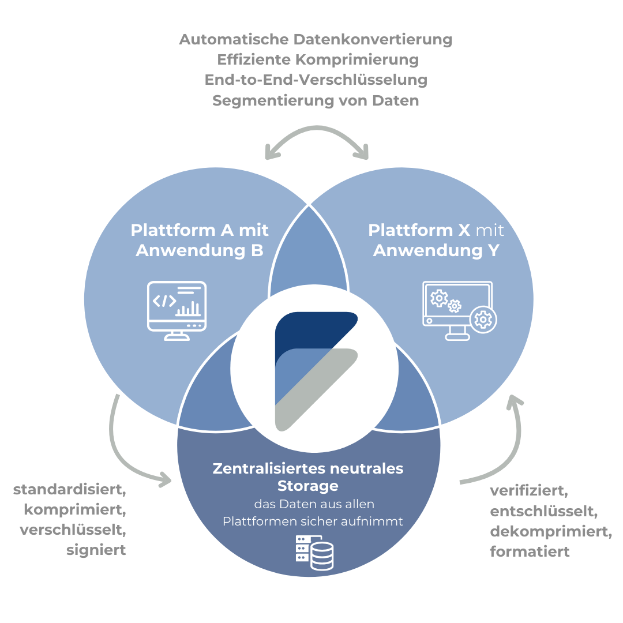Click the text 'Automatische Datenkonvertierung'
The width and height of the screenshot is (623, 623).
point(316,40)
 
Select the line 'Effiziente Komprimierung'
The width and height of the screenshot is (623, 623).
point(318,60)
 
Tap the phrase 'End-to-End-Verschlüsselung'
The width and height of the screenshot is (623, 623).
point(316,80)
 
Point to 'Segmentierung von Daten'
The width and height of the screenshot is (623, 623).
point(316,100)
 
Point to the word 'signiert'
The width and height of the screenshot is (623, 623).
point(96,550)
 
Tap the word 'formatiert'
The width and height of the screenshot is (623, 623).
point(530,551)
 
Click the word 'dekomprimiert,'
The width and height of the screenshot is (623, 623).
point(551,531)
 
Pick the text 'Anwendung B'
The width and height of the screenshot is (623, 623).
point(200,251)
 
